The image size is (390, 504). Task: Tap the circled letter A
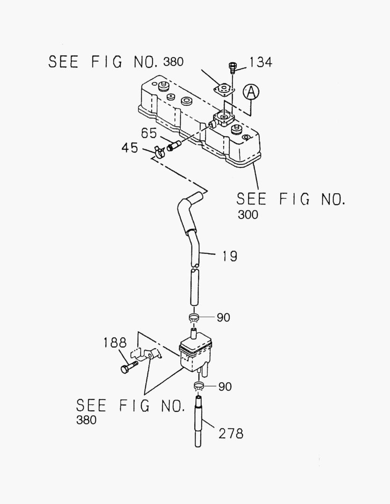[x=251, y=93]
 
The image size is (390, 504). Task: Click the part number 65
[x=149, y=133]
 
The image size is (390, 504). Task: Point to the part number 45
[x=130, y=148]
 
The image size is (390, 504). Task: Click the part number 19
[x=229, y=256]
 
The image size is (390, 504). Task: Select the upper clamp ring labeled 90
[x=195, y=319]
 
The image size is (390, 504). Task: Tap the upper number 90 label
[x=223, y=318]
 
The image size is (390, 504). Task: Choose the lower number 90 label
[x=224, y=386]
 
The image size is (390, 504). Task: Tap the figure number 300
[x=247, y=215]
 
